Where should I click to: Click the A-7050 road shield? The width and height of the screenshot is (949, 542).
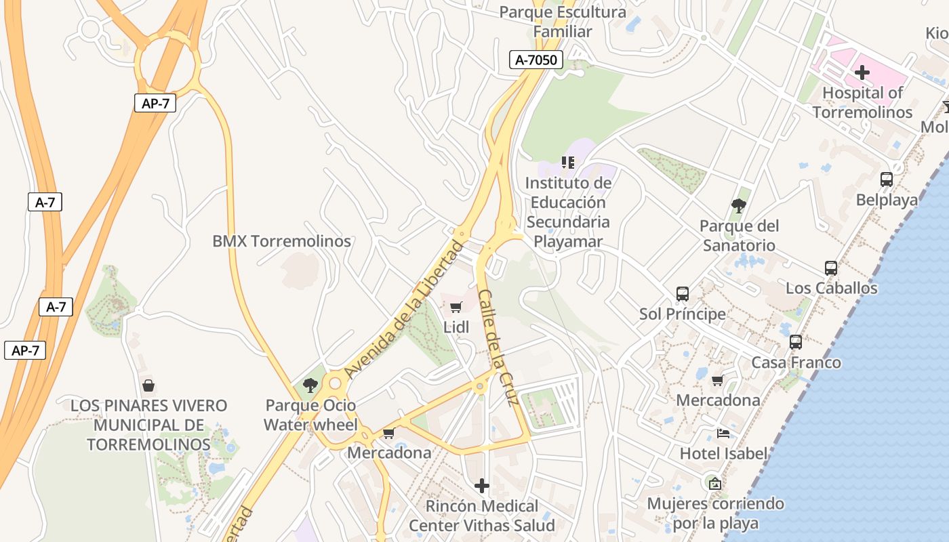pyautogui.click(x=536, y=60)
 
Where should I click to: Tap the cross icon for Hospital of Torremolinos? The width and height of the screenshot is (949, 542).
pyautogui.click(x=862, y=72)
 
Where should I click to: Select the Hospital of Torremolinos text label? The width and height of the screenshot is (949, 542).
pyautogui.click(x=862, y=102)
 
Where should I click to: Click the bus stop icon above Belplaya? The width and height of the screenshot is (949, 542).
pyautogui.click(x=886, y=180)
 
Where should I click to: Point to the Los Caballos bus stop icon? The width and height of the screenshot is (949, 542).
pyautogui.click(x=830, y=268)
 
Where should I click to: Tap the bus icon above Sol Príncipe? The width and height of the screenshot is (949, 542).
pyautogui.click(x=682, y=294)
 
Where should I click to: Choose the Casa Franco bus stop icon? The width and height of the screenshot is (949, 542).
pyautogui.click(x=795, y=342)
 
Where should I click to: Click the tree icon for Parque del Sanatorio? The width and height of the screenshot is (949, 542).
pyautogui.click(x=739, y=205)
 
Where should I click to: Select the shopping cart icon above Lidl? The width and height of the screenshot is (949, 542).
pyautogui.click(x=456, y=308)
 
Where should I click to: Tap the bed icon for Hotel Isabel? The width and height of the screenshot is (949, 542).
pyautogui.click(x=723, y=433)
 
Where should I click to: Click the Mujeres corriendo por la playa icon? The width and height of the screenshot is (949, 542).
pyautogui.click(x=714, y=484)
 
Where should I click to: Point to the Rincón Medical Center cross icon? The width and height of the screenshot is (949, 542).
pyautogui.click(x=481, y=486)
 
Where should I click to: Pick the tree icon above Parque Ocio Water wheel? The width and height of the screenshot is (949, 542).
pyautogui.click(x=310, y=385)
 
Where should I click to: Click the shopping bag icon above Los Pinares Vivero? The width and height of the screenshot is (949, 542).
pyautogui.click(x=148, y=385)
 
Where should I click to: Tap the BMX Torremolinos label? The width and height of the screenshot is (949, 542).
pyautogui.click(x=281, y=241)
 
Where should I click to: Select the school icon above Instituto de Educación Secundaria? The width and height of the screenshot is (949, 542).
pyautogui.click(x=567, y=163)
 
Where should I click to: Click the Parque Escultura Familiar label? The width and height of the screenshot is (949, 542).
pyautogui.click(x=563, y=22)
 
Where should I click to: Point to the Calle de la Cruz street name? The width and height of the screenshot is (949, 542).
pyautogui.click(x=498, y=348)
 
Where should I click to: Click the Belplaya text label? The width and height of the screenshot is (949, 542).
pyautogui.click(x=886, y=200)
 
